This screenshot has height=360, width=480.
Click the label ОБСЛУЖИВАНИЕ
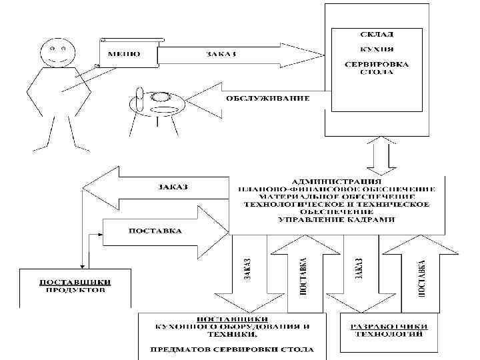click(x=267, y=99)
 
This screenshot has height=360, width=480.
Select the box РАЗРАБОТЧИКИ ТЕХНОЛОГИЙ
click(x=390, y=330)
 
